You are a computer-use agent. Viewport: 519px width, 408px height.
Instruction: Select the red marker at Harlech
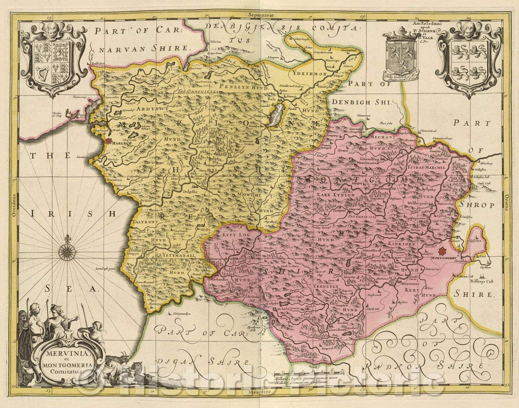[x=109, y=140]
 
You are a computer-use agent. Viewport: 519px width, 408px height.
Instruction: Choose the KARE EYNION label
[x=335, y=195]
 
